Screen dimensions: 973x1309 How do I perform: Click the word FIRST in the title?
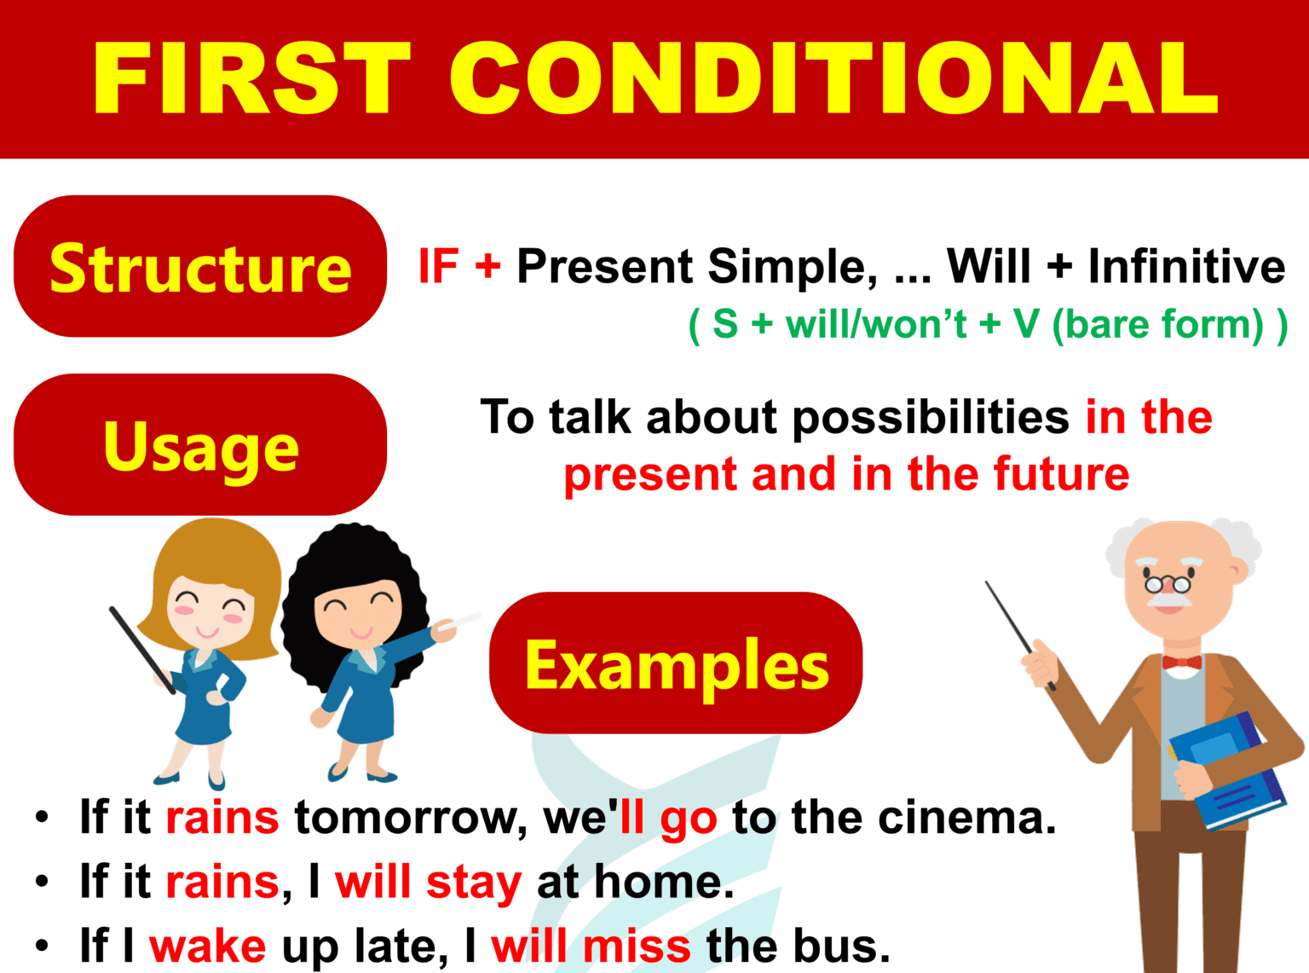251,78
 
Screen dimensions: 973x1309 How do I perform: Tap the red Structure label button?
200,267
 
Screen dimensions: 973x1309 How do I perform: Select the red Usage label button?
200,445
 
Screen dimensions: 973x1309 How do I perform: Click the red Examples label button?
676,663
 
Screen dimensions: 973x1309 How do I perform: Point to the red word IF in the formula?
439,266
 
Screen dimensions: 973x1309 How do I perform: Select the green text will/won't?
876,325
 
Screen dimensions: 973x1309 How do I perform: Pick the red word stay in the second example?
474,882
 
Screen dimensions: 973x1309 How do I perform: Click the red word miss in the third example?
637,946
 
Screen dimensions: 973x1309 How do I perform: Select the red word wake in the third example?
207,946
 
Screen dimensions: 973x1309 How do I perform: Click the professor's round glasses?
1168,584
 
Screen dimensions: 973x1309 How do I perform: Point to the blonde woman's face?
209,610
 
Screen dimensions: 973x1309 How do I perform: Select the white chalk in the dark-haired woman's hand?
460,621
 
